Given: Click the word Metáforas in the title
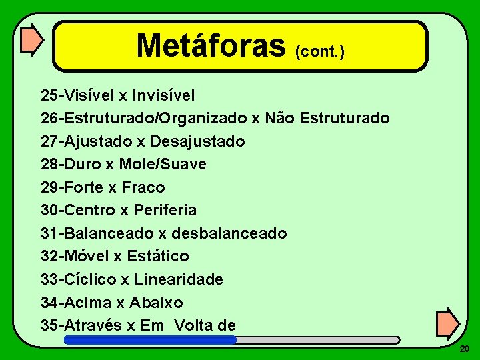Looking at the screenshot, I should (x=211, y=45).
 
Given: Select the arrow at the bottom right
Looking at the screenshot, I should (x=447, y=323).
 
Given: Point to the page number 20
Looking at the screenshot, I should (x=465, y=349).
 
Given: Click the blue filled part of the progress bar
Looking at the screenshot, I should (x=150, y=340).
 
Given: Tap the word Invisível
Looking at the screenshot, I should (x=164, y=95).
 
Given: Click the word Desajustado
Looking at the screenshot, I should (x=197, y=141).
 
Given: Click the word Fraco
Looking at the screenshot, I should (x=143, y=187).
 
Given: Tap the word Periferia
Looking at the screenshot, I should (x=165, y=210).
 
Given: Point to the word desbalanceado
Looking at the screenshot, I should (x=229, y=233).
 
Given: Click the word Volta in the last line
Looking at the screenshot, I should (x=195, y=325).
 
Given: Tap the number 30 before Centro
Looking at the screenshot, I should (x=49, y=210).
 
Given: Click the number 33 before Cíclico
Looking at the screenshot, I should (x=49, y=279).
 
